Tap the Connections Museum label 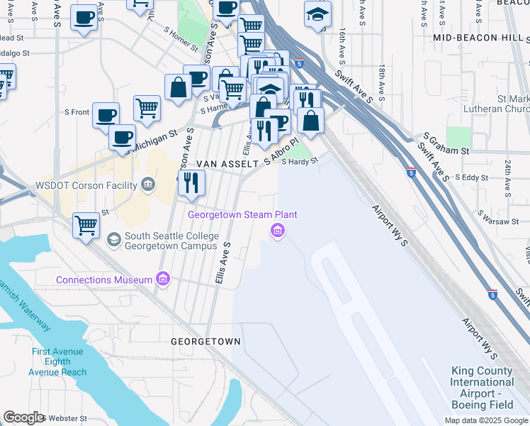point(105,280)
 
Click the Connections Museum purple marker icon point(164,279)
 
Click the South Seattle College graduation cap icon point(114,240)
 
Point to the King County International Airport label point(482,388)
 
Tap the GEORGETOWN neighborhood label point(205,342)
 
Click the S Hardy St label point(300,161)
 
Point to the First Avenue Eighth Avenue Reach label point(59,362)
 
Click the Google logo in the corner point(24,417)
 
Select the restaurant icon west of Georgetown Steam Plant point(192,184)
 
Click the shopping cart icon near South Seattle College point(86,226)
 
